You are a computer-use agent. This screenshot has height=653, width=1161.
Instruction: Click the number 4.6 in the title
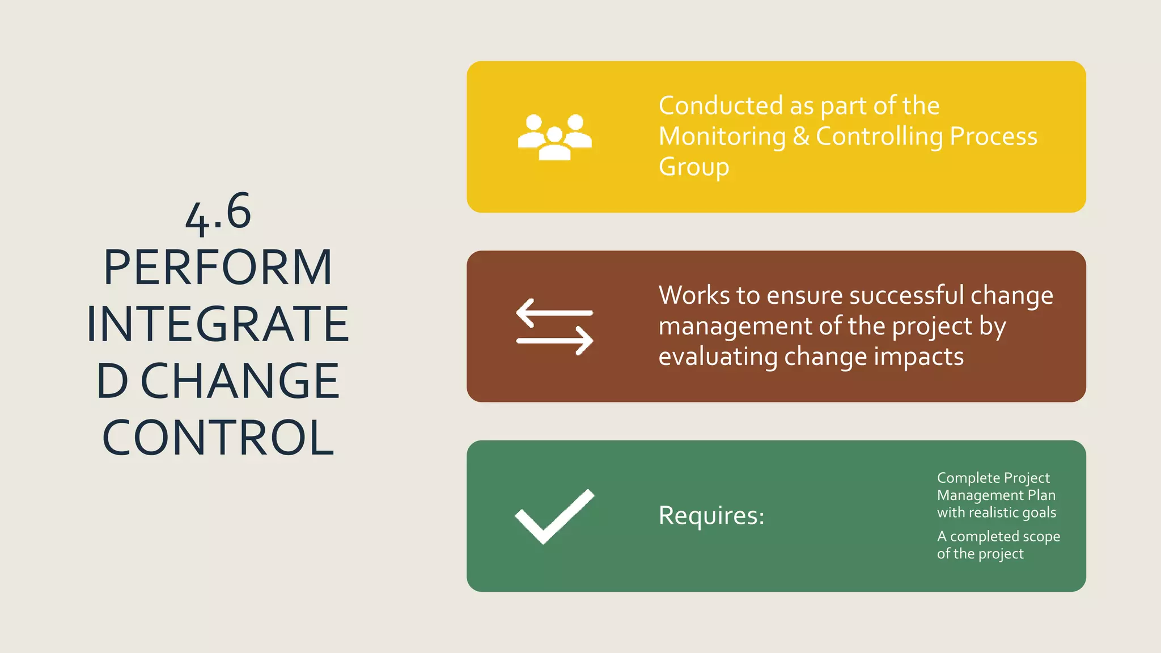[x=218, y=213]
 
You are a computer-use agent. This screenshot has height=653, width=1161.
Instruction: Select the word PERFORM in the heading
[x=218, y=268]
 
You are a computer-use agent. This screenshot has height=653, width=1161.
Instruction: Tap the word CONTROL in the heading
[x=218, y=438]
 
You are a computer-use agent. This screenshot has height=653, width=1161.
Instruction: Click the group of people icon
[x=554, y=137]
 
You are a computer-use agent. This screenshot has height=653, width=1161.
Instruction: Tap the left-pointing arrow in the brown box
[x=554, y=312]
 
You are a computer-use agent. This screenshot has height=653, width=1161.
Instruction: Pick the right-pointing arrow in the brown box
[x=555, y=341]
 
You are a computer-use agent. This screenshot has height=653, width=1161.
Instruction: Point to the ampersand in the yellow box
[x=800, y=137]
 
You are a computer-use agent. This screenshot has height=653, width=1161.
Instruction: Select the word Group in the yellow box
[x=693, y=168]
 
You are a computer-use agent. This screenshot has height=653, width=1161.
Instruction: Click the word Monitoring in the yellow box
[x=722, y=137]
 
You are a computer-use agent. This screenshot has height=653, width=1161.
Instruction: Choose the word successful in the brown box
[x=906, y=295]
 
